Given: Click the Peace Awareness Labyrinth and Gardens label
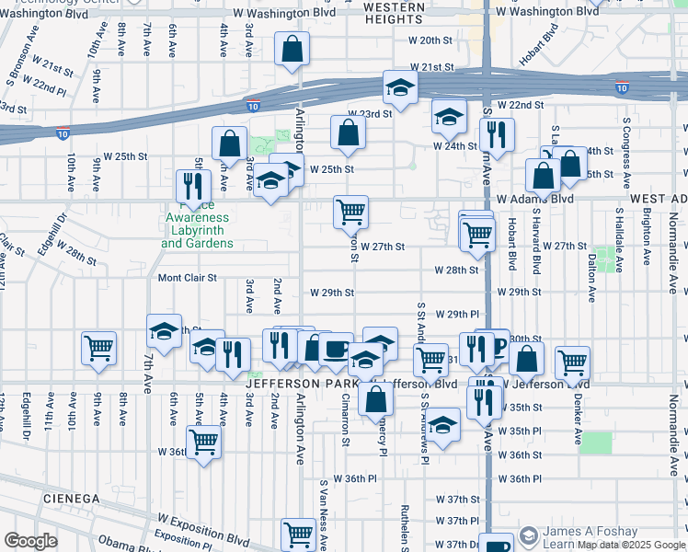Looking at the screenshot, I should click(x=196, y=224).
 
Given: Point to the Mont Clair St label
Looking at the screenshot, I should click(x=188, y=277).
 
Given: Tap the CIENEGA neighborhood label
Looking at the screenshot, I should click(x=70, y=498).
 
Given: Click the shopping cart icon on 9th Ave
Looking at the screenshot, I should click(x=98, y=348).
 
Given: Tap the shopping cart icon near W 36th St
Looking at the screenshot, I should click(x=203, y=441).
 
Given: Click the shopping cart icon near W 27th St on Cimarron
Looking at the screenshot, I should click(x=350, y=212).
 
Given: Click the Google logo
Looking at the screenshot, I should click(x=30, y=541).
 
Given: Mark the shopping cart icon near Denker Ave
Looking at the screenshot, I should click(x=573, y=363).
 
